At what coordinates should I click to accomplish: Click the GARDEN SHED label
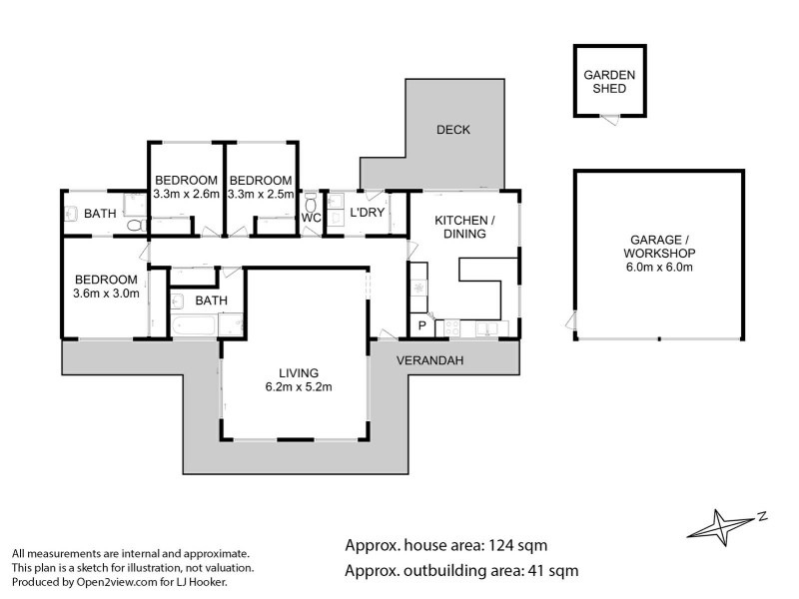click(609, 82)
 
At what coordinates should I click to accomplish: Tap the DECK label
click(453, 130)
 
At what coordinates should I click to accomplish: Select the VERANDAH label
click(430, 360)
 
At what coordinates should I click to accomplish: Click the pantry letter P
click(421, 325)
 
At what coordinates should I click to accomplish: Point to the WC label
click(311, 218)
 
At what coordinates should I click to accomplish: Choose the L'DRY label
click(367, 212)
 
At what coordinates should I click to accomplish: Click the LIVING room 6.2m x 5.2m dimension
click(299, 387)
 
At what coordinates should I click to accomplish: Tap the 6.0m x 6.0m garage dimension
click(659, 267)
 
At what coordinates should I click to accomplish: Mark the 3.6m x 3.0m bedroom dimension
click(106, 294)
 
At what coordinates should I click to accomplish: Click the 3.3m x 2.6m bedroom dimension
click(186, 194)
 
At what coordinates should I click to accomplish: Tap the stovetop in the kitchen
click(451, 327)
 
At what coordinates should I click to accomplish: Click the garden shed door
click(610, 120)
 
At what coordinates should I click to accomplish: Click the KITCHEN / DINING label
click(464, 228)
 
